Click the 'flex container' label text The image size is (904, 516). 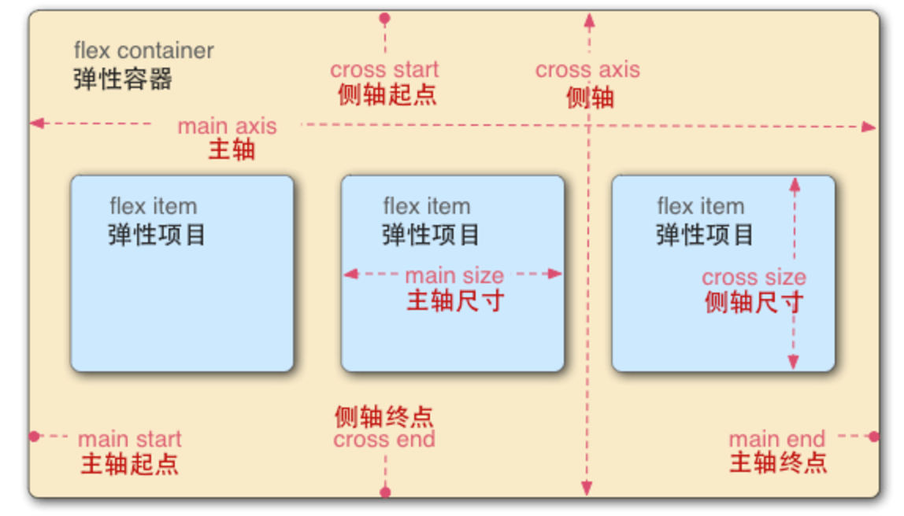click(x=143, y=51)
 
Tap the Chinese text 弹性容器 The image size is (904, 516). click(x=123, y=79)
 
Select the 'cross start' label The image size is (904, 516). click(x=384, y=70)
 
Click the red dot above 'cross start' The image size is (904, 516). click(x=384, y=17)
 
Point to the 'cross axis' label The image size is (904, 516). click(x=587, y=70)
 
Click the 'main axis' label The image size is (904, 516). click(x=227, y=126)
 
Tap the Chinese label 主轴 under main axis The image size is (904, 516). click(x=232, y=150)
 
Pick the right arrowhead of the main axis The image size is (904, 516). click(x=869, y=127)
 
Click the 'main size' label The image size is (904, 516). click(x=454, y=276)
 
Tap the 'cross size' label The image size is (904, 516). click(x=754, y=278)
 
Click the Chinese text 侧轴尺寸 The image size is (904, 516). click(x=754, y=302)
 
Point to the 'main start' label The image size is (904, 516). click(x=130, y=439)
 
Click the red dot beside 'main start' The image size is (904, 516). click(x=34, y=436)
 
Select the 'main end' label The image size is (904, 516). click(x=777, y=439)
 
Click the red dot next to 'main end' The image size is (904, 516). click(x=873, y=436)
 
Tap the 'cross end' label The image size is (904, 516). click(x=384, y=440)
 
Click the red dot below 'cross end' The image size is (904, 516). click(x=385, y=492)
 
